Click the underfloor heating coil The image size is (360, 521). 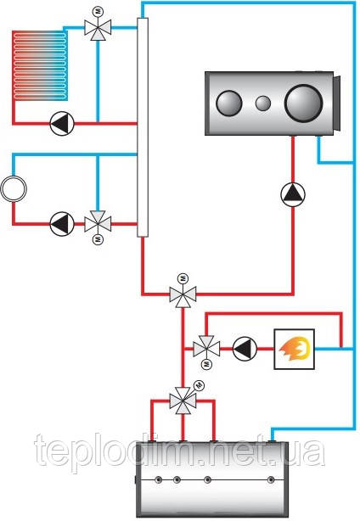tap(40, 65)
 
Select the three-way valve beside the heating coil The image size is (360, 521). tap(98, 28)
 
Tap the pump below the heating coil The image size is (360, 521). tap(62, 124)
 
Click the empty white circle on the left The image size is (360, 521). tap(14, 188)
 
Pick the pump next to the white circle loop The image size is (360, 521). tap(62, 224)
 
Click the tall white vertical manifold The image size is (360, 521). tap(143, 127)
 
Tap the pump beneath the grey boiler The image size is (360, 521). tap(293, 194)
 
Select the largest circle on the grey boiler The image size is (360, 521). tap(304, 103)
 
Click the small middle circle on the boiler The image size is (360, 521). tap(263, 104)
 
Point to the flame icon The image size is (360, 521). tap(295, 349)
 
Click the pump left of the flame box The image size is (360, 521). tap(245, 349)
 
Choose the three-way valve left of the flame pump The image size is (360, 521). tap(206, 349)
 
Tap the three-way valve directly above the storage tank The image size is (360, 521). tap(183, 401)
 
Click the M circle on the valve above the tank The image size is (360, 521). tap(199, 384)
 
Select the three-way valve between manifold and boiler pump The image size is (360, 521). tap(183, 294)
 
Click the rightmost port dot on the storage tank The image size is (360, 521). tap(271, 479)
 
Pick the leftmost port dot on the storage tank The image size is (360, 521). tap(160, 479)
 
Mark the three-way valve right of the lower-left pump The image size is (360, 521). tap(98, 224)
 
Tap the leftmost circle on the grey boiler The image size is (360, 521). tap(229, 103)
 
